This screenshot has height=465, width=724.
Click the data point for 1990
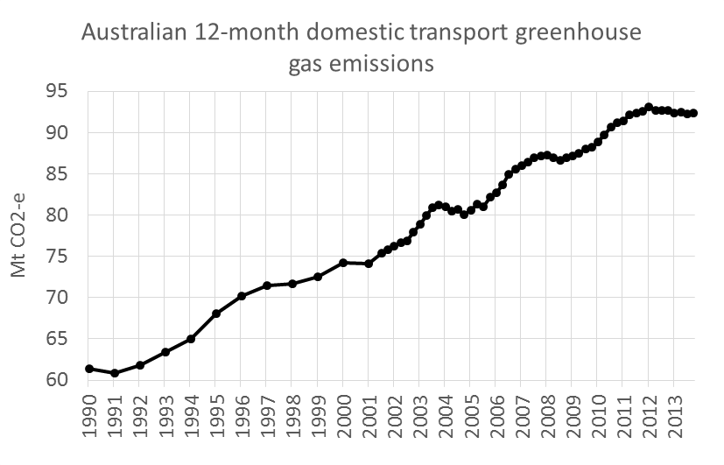[89, 369]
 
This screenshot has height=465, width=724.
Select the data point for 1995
[216, 314]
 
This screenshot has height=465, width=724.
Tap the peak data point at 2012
[649, 108]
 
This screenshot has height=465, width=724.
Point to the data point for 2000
[343, 263]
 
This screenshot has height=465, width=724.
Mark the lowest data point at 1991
[115, 373]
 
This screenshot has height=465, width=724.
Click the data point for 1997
[267, 285]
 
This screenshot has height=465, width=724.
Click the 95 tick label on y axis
[59, 91]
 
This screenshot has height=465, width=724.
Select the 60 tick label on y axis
[59, 379]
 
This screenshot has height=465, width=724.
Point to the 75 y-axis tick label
[59, 256]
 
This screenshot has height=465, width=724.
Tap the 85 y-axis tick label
[59, 173]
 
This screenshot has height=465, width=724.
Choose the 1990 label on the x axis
[89, 418]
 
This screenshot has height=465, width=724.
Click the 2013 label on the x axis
[674, 418]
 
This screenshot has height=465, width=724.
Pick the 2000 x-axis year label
[343, 418]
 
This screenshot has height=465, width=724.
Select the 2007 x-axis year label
[521, 418]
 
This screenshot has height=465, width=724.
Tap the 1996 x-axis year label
[242, 418]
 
